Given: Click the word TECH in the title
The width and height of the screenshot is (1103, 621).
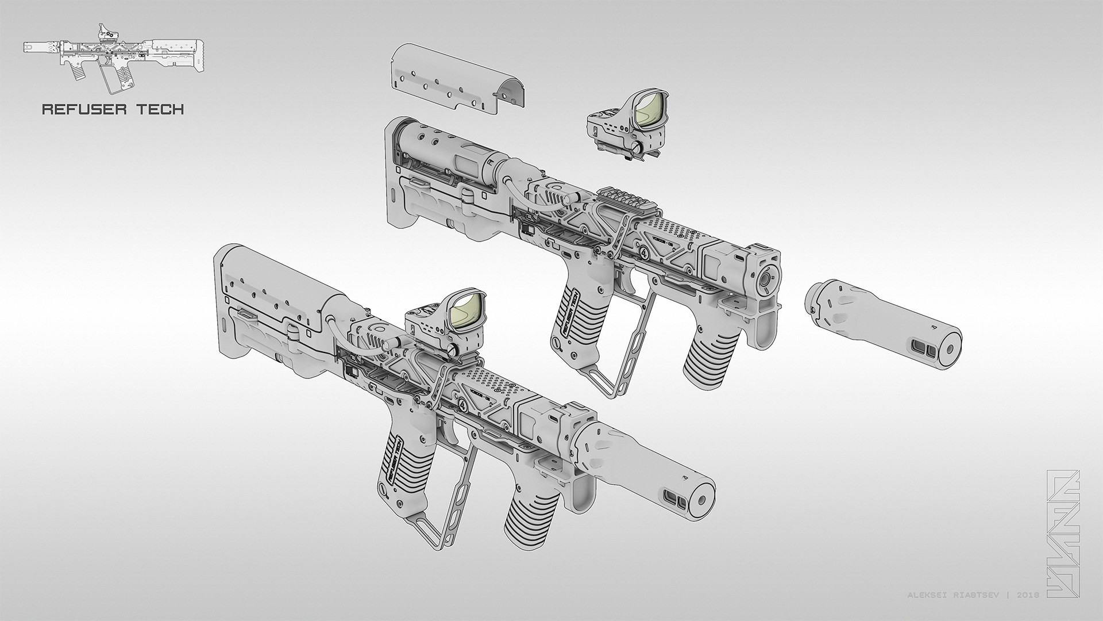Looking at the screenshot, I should (x=161, y=109).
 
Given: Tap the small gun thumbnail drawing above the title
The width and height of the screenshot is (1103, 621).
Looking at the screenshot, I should (x=112, y=57).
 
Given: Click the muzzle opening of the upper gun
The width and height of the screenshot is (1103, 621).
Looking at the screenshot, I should (x=766, y=279).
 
